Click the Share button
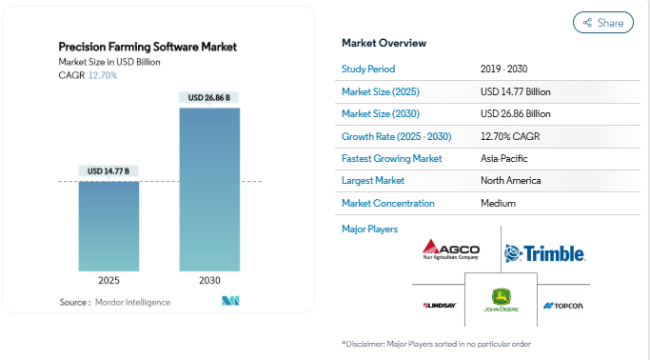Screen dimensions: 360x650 [602, 23]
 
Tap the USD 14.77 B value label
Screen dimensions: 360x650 [108, 171]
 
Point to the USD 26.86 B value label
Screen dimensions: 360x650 [209, 98]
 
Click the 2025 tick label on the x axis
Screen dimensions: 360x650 [108, 281]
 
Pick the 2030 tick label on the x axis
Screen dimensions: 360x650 [209, 281]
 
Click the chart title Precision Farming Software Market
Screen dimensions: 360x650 [148, 46]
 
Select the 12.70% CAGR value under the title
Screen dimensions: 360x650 [103, 75]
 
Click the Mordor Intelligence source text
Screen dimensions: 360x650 [132, 302]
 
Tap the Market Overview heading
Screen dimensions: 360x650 [384, 44]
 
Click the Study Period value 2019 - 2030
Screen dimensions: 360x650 [506, 70]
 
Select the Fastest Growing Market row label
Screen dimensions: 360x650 [388, 157]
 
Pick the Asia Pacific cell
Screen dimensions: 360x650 [504, 157]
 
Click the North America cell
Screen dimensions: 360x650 [511, 180]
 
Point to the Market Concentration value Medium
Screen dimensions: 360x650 [499, 203]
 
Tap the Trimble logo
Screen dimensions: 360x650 [544, 253]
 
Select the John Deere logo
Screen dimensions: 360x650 [499, 299]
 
